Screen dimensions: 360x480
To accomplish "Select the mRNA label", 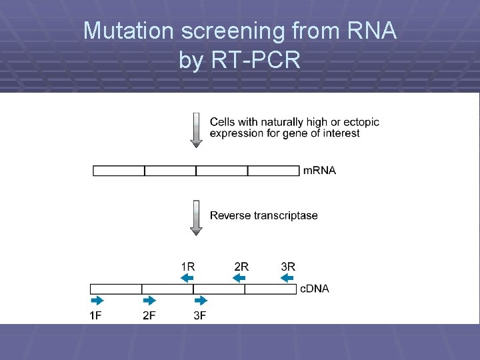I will [x=319, y=171].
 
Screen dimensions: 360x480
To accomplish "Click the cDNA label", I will [x=314, y=289].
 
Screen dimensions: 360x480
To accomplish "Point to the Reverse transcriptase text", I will [x=263, y=215].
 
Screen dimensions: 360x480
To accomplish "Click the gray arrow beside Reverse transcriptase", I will [x=196, y=217].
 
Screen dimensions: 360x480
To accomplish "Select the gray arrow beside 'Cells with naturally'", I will [x=196, y=130].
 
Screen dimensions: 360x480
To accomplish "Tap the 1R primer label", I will [x=188, y=266].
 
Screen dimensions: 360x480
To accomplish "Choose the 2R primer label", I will [x=241, y=266].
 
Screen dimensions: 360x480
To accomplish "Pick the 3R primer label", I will [x=288, y=266].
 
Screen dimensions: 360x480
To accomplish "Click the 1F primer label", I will [x=96, y=315].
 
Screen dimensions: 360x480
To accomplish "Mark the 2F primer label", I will [x=149, y=315].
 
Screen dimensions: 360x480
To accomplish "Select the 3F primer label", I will [x=200, y=315].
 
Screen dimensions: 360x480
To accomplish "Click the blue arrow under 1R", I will [x=187, y=277].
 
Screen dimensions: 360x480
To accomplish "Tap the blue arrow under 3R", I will [x=287, y=277].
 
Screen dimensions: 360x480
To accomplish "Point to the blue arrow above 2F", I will [x=149, y=301].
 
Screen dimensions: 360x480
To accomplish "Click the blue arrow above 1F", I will [x=97, y=301].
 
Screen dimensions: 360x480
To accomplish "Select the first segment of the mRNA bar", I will [x=119, y=171].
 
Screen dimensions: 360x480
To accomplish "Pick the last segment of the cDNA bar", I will [x=270, y=289].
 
